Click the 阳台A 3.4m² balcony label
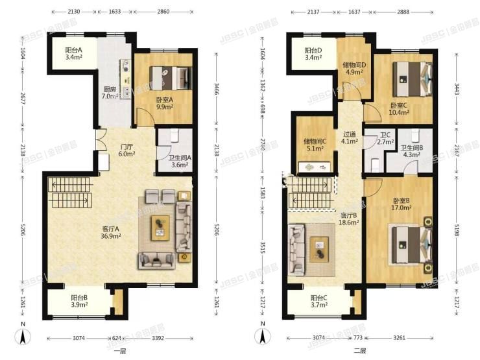click(x=72, y=54)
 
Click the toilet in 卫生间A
click(x=175, y=137)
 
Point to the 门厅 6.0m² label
click(x=126, y=150)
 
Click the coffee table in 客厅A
click(x=159, y=227)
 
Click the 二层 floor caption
click(x=361, y=350)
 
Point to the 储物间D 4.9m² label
click(x=354, y=68)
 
